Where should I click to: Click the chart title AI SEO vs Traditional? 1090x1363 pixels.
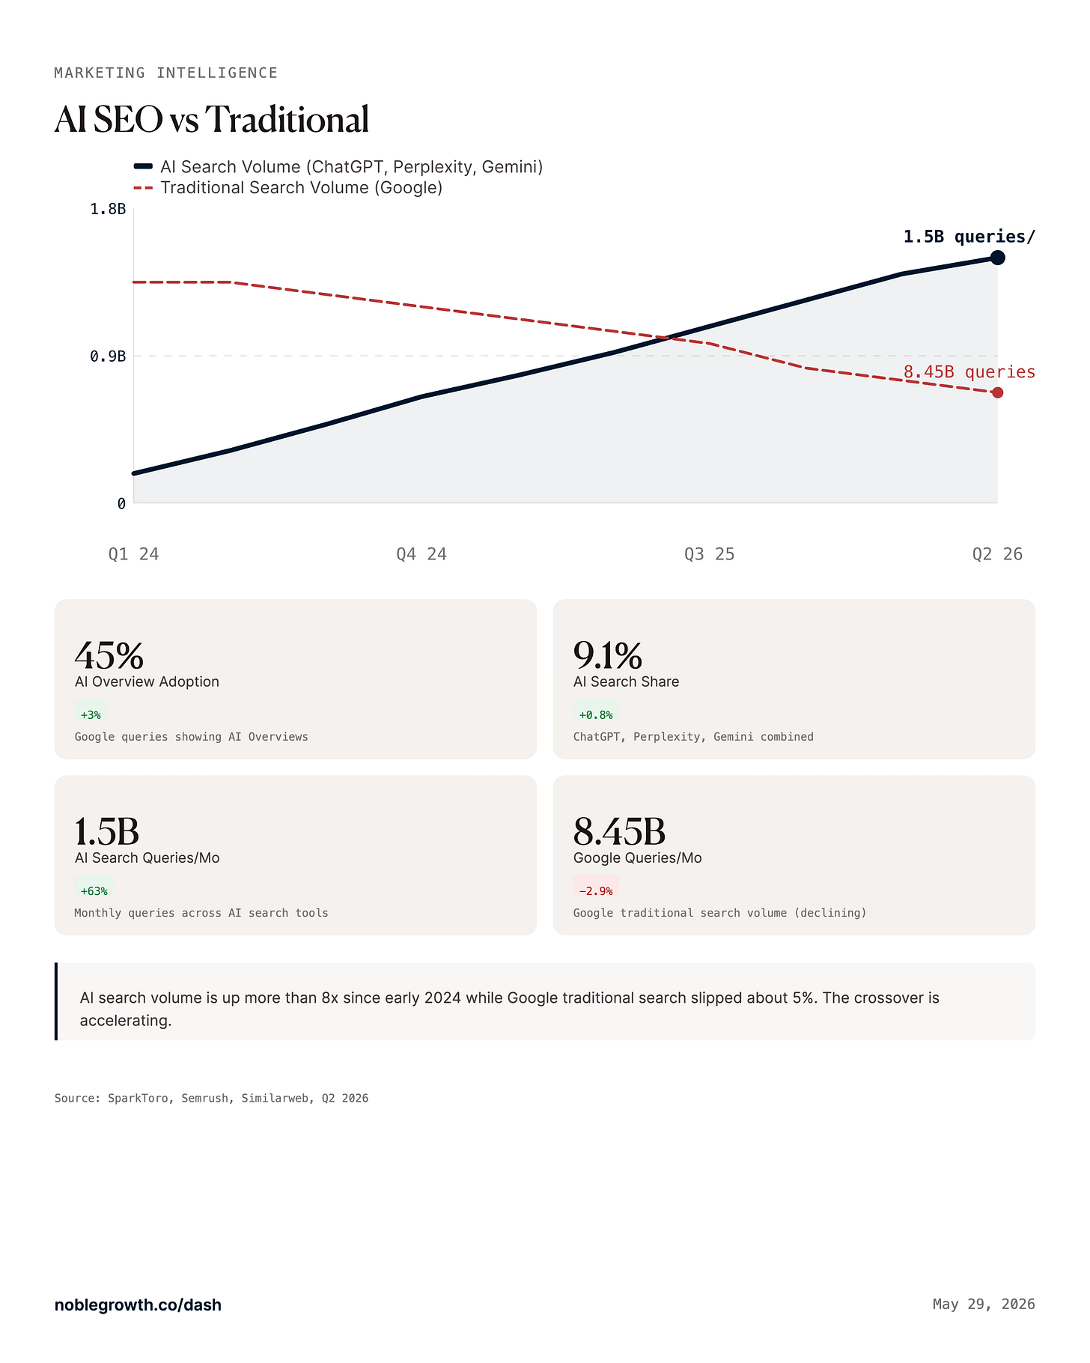212,119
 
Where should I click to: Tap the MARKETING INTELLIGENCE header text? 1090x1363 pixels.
166,73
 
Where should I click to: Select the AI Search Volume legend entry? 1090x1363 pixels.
338,166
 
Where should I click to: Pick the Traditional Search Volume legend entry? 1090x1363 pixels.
288,187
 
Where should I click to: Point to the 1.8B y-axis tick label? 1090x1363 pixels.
108,209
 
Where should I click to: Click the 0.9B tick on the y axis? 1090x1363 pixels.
108,356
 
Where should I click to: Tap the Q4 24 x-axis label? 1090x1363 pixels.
421,554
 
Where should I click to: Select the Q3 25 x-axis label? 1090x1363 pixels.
710,554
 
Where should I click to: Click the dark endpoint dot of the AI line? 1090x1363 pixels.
997,258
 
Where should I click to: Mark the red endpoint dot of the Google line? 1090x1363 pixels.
997,392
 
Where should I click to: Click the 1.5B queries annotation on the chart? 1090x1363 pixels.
969,237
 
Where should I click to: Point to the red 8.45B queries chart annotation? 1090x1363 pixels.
969,371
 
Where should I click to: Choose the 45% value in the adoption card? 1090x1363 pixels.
109,655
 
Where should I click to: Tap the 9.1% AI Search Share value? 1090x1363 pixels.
608,655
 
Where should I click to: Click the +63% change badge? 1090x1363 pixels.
94,890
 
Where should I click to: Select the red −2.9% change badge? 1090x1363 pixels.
596,890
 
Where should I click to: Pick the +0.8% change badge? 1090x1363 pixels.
596,714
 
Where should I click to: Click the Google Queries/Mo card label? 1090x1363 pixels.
638,857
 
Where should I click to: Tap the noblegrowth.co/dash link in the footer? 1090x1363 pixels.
138,1305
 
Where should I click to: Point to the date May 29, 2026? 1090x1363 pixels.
984,1304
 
